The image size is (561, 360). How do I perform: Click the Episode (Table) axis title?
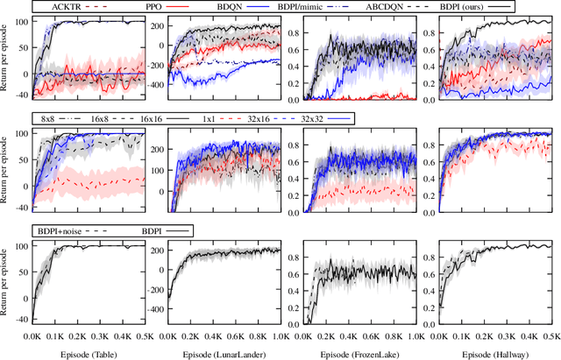88,352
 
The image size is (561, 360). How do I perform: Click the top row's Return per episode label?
7,57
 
